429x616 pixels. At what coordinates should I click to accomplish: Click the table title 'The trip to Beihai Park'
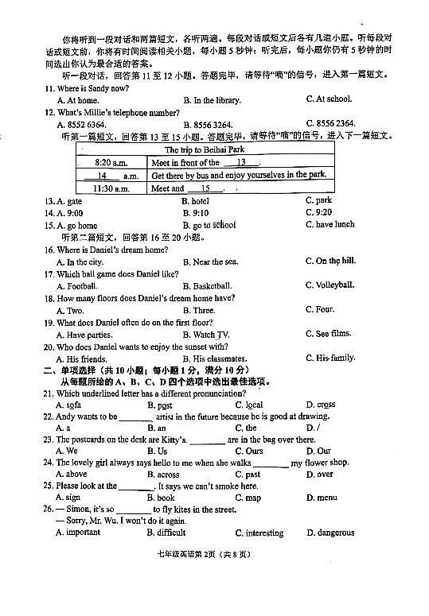(204, 149)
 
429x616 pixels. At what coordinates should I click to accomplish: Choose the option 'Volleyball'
(334, 285)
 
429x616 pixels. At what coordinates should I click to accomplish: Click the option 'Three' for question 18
(204, 310)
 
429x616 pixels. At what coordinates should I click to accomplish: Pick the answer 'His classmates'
(222, 358)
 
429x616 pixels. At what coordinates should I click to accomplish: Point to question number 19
(49, 323)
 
